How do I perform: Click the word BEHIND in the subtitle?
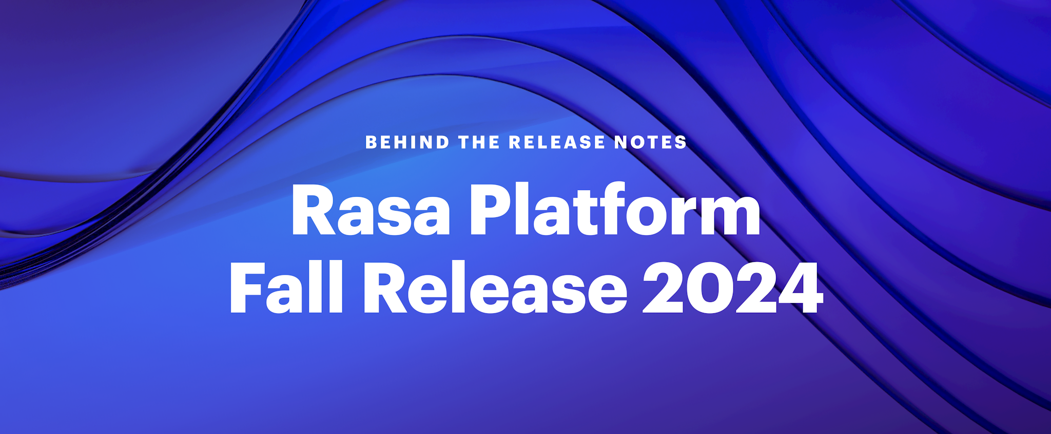[x=407, y=142]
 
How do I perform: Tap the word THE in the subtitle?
[x=479, y=142]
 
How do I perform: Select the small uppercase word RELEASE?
[x=557, y=142]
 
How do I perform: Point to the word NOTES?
[x=651, y=142]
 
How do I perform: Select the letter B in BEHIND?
[x=371, y=142]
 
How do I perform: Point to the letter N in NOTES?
[x=622, y=142]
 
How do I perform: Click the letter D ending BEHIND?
[x=443, y=142]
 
